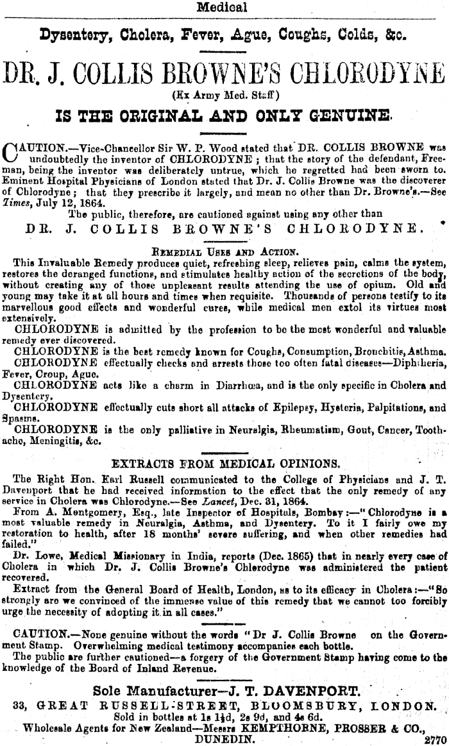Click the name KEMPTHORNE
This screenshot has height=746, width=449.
coord(278,728)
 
